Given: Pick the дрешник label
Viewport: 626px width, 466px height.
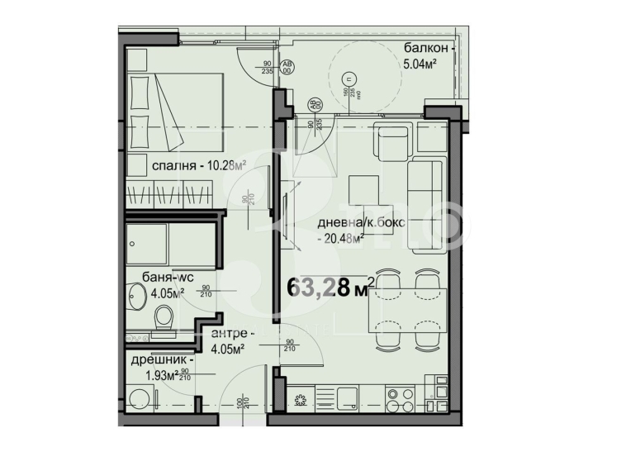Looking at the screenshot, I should tap(162, 360).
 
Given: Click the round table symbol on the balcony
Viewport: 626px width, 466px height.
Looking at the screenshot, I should tap(351, 78).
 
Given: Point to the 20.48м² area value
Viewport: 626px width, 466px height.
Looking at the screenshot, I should tap(340, 240).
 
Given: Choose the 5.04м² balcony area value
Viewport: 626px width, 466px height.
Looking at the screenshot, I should tap(419, 63).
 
